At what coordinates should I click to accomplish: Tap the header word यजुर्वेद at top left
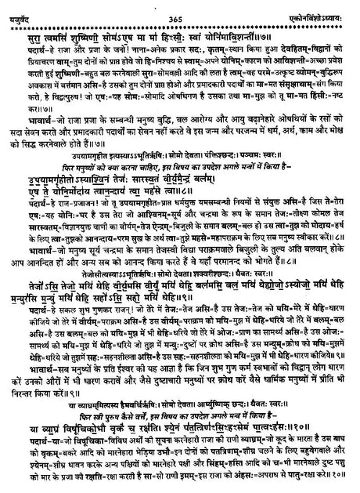[x=19, y=7]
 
